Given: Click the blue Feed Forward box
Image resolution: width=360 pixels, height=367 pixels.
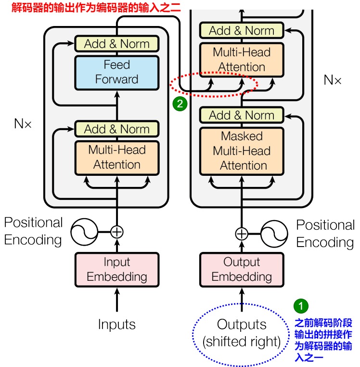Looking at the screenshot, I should click(116, 72).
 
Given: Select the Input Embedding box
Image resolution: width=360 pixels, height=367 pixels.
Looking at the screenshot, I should click(117, 269).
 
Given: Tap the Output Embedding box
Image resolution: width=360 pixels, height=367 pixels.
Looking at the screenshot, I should click(242, 269).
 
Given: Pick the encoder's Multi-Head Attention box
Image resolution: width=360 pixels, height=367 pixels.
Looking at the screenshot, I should click(116, 157).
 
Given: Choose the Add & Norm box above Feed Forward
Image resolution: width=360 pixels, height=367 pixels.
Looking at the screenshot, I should click(116, 44).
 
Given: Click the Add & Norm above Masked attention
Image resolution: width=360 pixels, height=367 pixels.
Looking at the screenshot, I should click(242, 116).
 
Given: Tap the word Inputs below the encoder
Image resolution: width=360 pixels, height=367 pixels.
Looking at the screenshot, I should click(117, 324).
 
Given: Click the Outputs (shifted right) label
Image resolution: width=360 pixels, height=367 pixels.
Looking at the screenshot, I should click(242, 333).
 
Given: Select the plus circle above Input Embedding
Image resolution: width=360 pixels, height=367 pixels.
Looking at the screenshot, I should click(117, 232).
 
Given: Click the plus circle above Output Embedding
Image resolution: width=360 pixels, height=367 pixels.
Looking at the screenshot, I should click(242, 234).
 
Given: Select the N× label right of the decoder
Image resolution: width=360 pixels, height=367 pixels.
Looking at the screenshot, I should click(332, 80).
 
